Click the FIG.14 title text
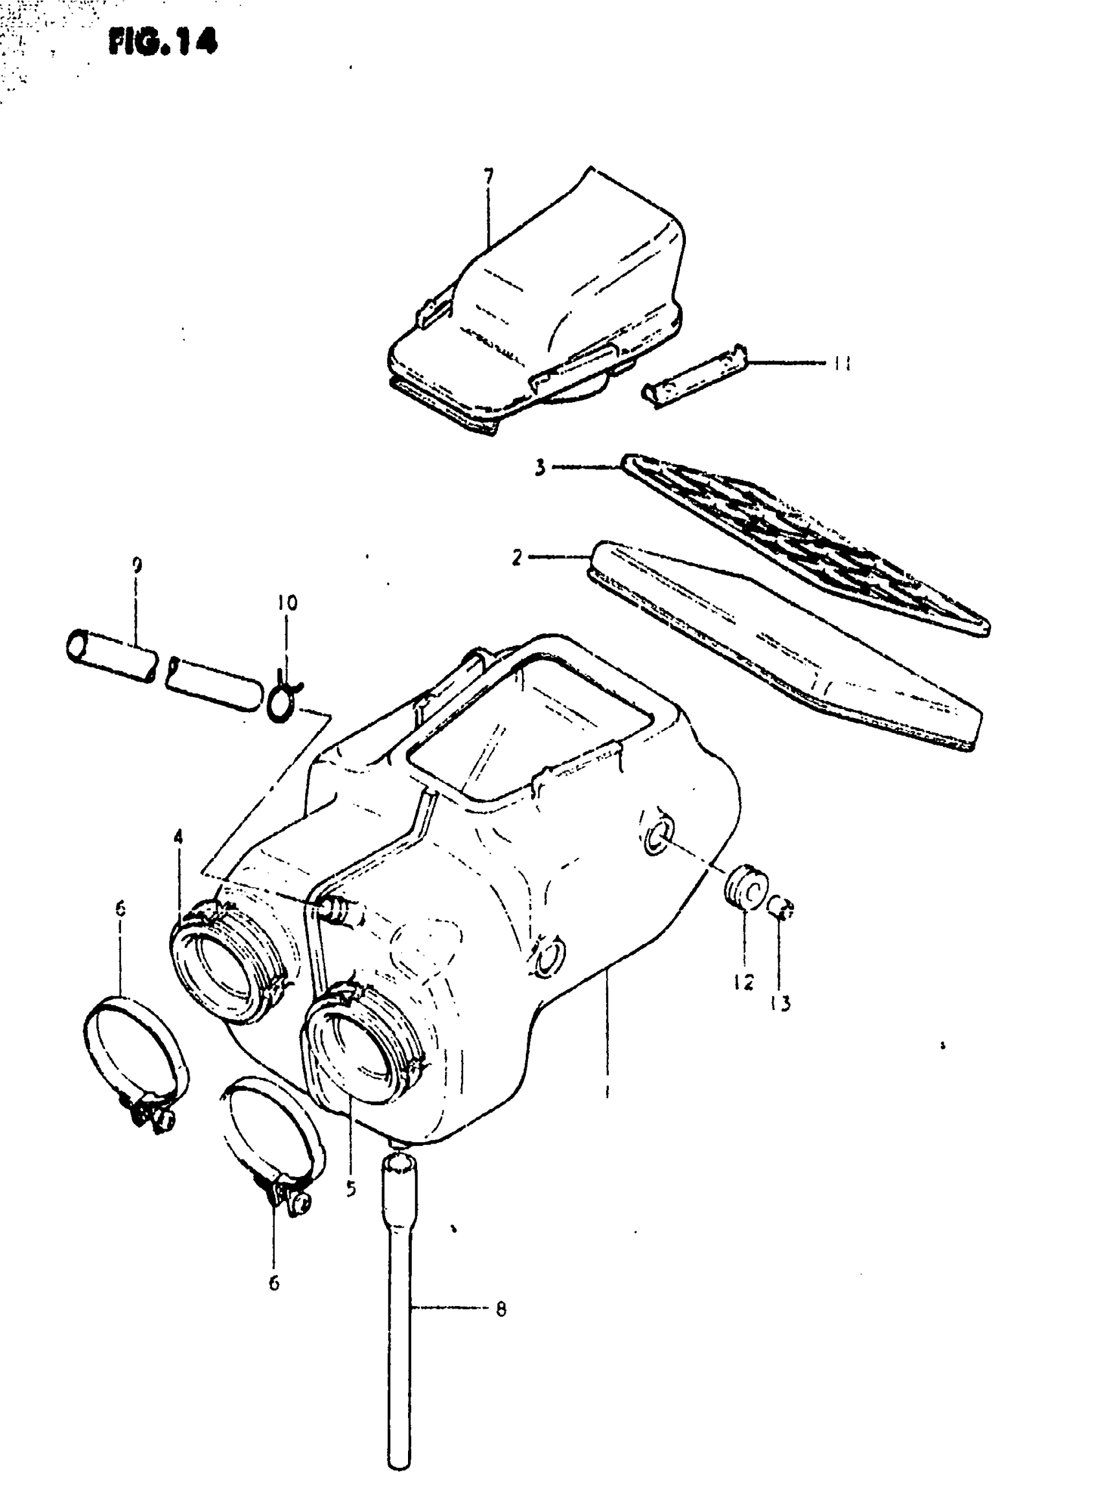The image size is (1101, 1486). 163,42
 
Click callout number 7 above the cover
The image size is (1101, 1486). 488,177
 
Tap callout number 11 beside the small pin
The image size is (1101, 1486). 841,363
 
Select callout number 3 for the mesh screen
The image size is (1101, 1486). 540,467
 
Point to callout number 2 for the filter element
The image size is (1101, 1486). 518,557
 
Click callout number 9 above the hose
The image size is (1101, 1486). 137,567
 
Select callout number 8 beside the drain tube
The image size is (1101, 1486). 501,1309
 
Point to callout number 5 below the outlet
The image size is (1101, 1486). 351,1189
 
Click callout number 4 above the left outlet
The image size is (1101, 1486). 178,837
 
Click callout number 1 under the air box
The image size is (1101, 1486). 606,1091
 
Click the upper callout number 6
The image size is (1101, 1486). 120,908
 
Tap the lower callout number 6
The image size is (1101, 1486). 274,1283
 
